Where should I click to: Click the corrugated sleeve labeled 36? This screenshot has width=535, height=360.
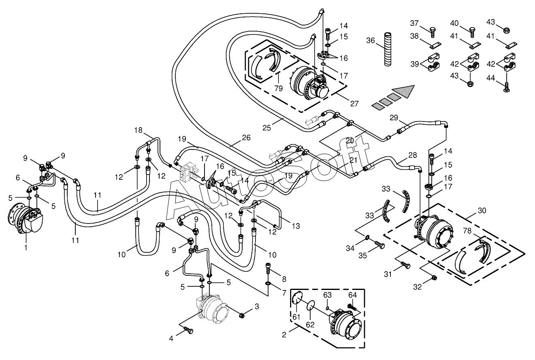pos(388,49)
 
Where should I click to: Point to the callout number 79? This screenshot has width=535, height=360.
pos(279,88)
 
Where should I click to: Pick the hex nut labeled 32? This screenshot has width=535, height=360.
pos(435,277)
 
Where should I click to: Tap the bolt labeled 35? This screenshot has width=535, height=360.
pos(379,245)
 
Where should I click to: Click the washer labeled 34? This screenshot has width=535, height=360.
pos(367,237)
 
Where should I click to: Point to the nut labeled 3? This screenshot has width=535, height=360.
pos(241,316)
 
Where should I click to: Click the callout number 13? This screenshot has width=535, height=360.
pos(296,226)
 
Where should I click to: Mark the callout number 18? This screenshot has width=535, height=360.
pos(138,130)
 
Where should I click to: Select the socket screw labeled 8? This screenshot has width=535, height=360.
pos(268,269)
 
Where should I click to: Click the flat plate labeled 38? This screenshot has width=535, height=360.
pos(435,45)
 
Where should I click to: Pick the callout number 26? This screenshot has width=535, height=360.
pos(246,138)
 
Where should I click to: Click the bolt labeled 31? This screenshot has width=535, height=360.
pos(405,265)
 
